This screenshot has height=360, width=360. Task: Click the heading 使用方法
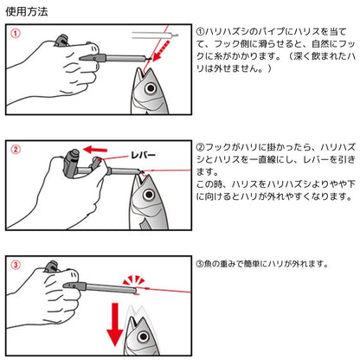pos(26,12)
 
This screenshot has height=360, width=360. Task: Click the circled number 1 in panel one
pos(15,35)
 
